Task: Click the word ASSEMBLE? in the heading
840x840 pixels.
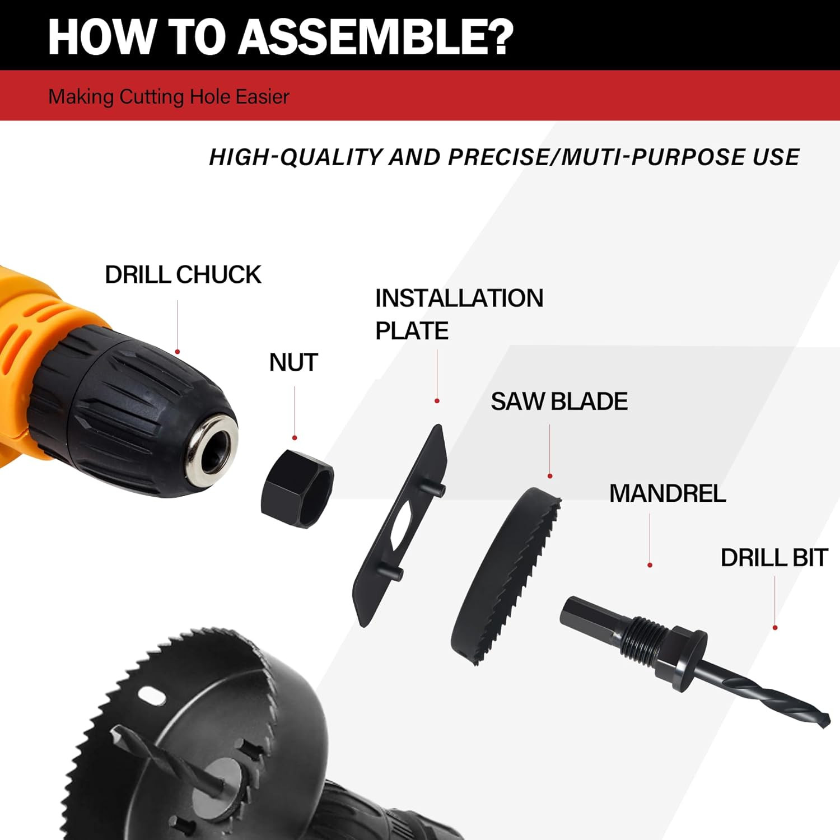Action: coord(376,37)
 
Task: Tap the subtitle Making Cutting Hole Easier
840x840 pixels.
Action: coord(169,97)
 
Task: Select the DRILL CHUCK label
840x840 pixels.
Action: coord(183,275)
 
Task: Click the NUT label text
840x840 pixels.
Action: coord(293,363)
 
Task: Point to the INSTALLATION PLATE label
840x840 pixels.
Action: coord(458,314)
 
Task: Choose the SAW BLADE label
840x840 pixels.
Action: coord(559,402)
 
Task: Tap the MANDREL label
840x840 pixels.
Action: coord(667,494)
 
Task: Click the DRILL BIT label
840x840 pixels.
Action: coord(773,558)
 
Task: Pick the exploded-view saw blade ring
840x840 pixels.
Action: coord(504,577)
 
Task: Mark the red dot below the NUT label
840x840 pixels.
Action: coord(295,438)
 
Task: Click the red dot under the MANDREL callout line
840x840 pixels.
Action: coord(650,565)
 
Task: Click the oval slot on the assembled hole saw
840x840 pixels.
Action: coord(152,697)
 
